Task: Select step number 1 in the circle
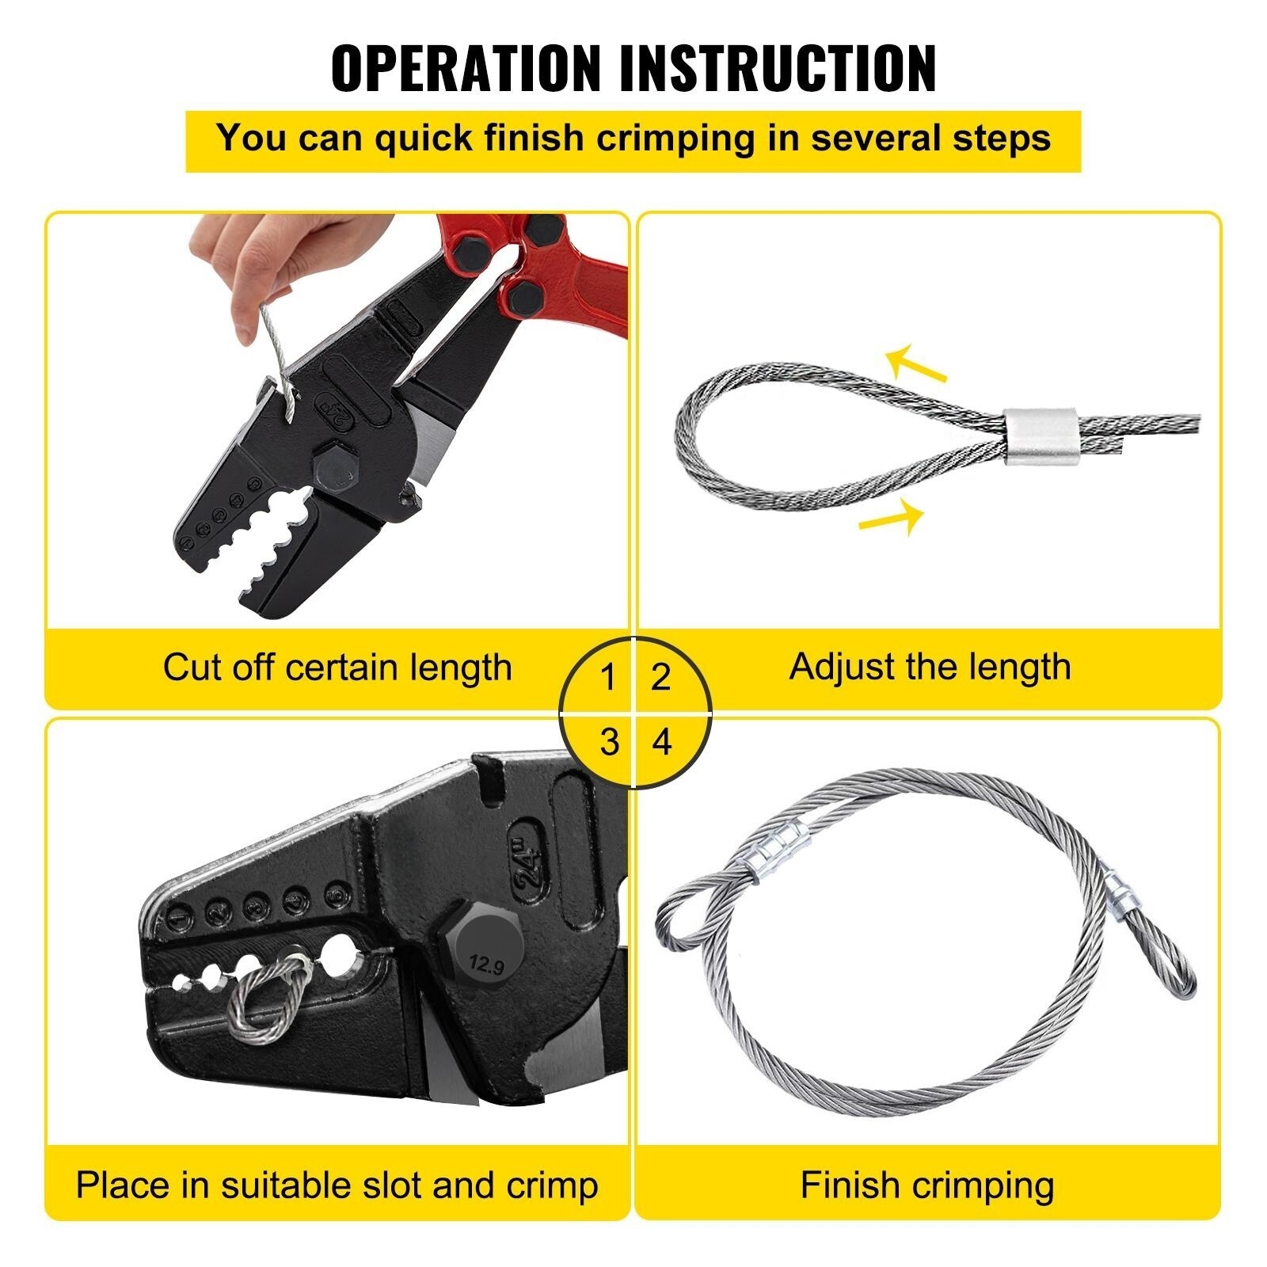coord(608,678)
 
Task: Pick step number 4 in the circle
coord(662,743)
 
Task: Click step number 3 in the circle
coord(608,743)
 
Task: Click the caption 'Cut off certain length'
coord(337,668)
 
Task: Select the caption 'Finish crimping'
coord(926,1185)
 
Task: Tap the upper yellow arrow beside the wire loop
coord(916,365)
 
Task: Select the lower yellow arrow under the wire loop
coord(892,517)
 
